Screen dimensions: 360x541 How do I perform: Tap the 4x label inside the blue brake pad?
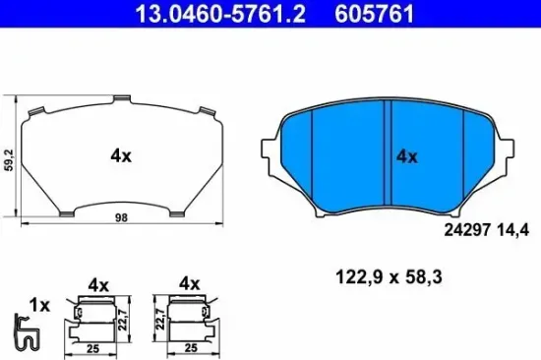pos(406,156)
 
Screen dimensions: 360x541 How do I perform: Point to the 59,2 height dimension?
pos(8,154)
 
